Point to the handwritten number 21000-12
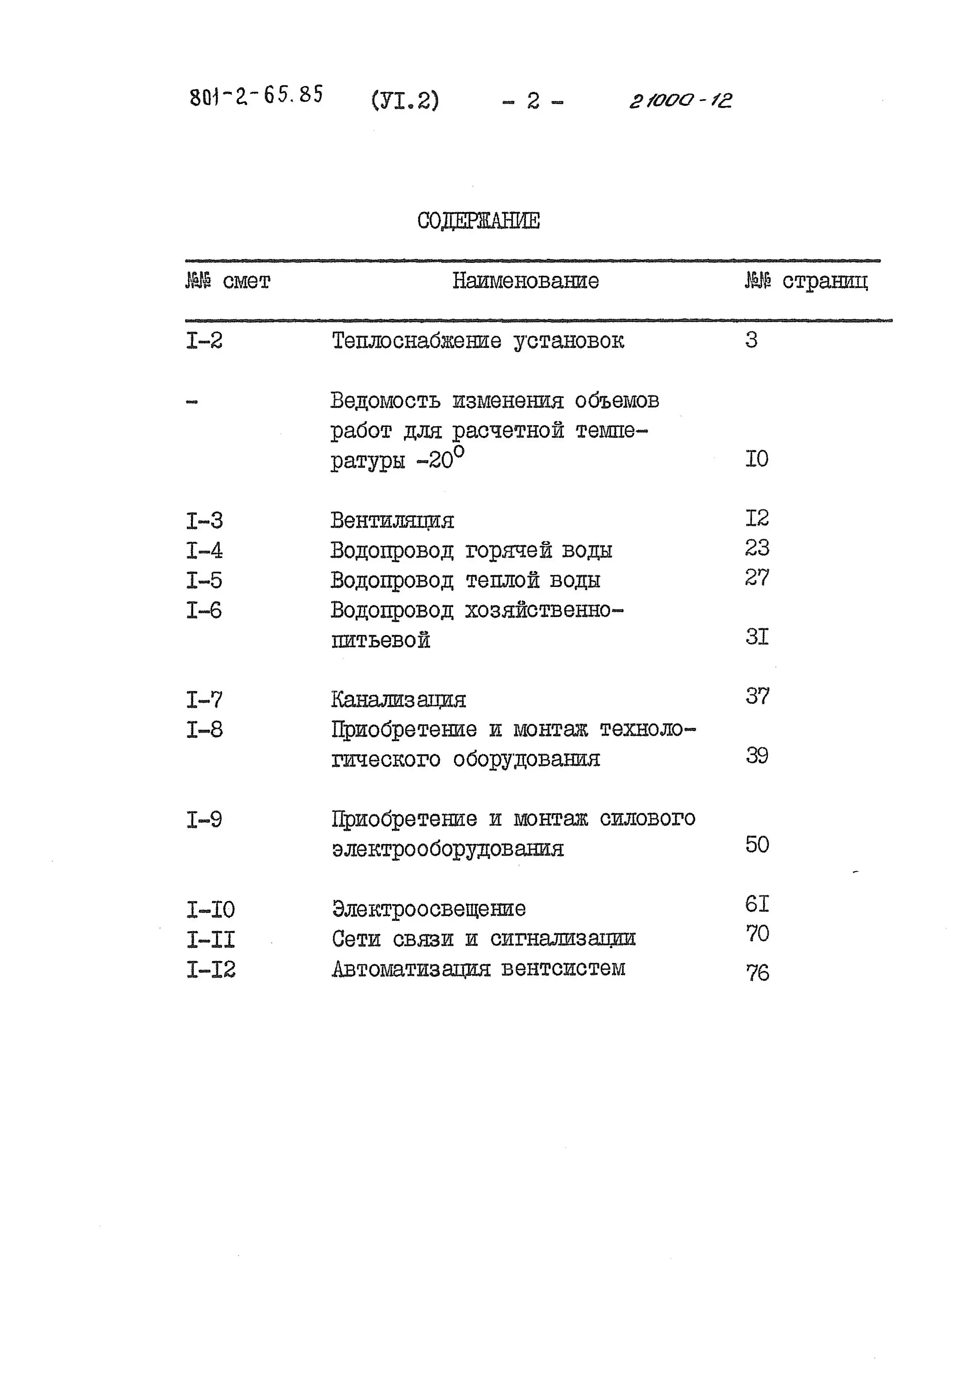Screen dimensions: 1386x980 click(680, 100)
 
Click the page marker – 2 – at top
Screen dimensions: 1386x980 click(532, 101)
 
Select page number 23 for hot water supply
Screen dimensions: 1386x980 click(757, 547)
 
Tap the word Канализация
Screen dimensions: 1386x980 click(398, 700)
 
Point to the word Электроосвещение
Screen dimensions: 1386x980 click(428, 909)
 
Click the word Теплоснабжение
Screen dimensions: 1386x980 click(416, 341)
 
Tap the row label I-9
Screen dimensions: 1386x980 click(204, 820)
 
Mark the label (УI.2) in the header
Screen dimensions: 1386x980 click(405, 100)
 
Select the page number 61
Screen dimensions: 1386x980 click(757, 904)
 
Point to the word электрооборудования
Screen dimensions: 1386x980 click(448, 849)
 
